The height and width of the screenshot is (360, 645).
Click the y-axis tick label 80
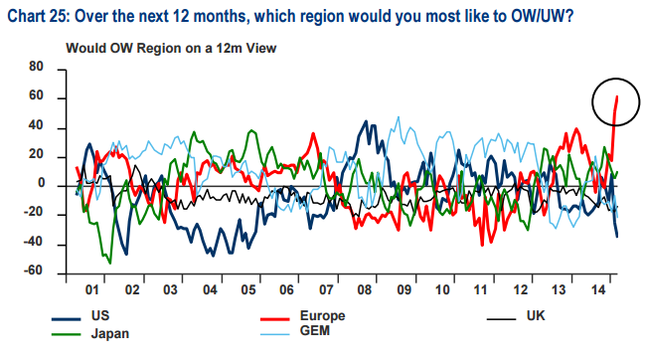(x=36, y=67)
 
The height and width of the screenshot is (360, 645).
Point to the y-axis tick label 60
(x=36, y=95)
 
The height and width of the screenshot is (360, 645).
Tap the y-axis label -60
(x=33, y=270)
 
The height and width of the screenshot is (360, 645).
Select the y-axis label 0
(x=41, y=183)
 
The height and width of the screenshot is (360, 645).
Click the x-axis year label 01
(x=92, y=290)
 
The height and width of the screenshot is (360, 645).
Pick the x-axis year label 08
(x=365, y=290)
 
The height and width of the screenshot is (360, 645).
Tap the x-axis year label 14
(x=598, y=290)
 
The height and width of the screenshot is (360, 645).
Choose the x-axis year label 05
(x=248, y=290)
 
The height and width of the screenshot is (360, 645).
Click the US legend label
(x=100, y=316)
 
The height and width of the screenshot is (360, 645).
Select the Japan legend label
(x=110, y=334)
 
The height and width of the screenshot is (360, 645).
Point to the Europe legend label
(x=322, y=316)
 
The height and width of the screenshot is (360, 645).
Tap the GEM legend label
(x=315, y=331)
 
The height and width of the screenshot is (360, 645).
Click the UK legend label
(x=536, y=316)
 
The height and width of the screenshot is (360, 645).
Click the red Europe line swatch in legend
(x=274, y=319)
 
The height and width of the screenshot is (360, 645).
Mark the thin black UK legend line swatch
(x=501, y=319)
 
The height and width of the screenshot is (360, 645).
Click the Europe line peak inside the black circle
(x=617, y=96)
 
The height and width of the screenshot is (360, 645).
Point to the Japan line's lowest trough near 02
(x=110, y=263)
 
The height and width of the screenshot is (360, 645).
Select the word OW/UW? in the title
(x=543, y=17)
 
